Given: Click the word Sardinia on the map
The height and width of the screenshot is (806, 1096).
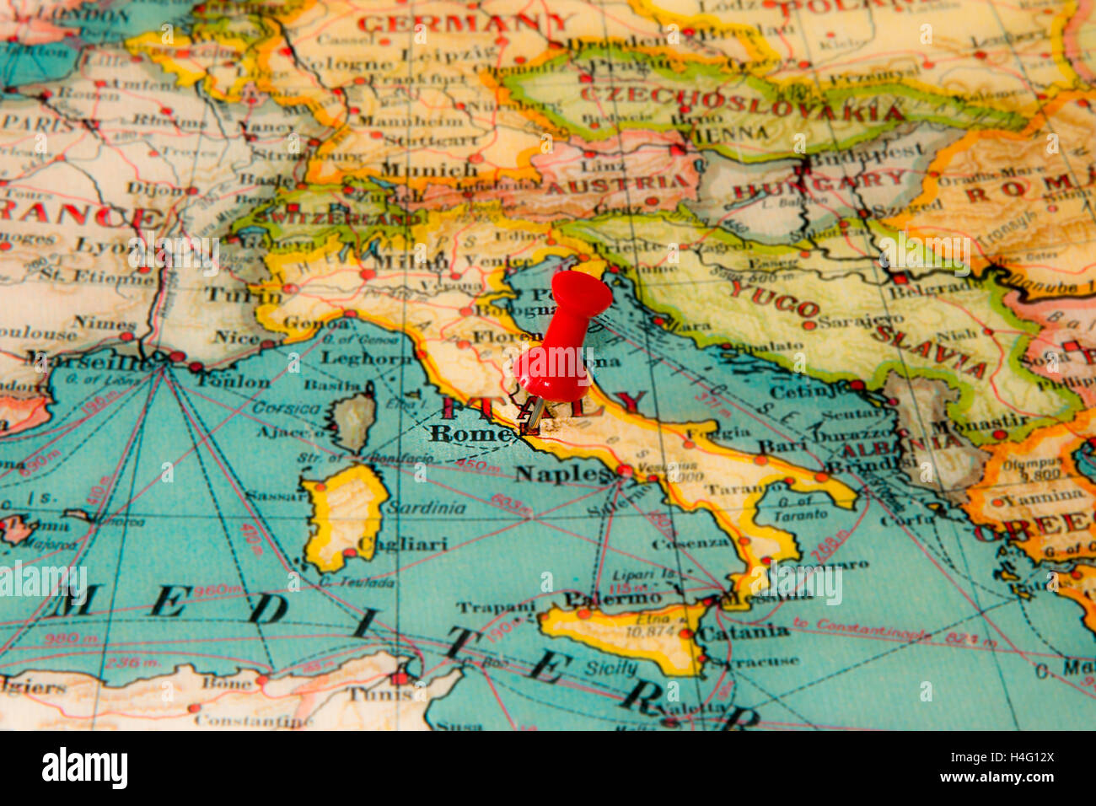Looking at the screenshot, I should tap(426, 508).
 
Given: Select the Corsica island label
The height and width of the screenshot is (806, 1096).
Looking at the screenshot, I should tap(287, 408).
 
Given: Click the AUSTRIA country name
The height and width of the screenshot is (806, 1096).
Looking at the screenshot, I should tap(617, 184).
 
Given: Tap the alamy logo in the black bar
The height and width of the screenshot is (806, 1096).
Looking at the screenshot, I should tap(85, 768).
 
